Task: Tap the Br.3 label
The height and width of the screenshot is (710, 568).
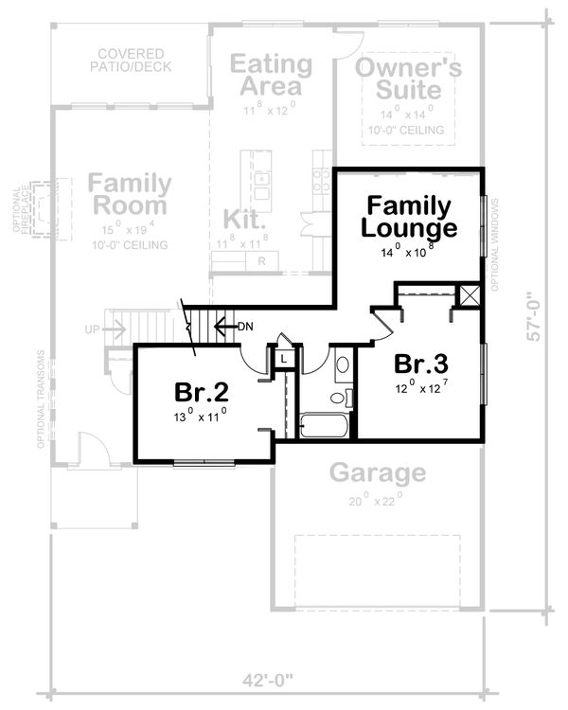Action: click(422, 364)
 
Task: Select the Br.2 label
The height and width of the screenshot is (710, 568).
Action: click(201, 391)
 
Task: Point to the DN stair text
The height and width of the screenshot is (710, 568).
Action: click(245, 327)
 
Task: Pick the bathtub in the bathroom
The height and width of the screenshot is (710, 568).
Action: click(324, 426)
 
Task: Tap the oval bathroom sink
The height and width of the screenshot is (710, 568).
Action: click(342, 364)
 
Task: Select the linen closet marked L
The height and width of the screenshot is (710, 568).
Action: click(283, 359)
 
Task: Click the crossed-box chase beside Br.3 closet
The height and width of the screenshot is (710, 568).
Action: click(469, 294)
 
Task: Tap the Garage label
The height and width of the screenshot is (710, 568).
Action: click(377, 472)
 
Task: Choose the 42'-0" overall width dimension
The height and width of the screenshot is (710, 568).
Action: click(269, 679)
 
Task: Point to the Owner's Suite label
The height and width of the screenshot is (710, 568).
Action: click(408, 80)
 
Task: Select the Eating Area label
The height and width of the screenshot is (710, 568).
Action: click(272, 77)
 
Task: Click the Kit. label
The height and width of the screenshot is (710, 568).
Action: click(243, 219)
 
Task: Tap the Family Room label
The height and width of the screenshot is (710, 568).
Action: click(131, 194)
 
